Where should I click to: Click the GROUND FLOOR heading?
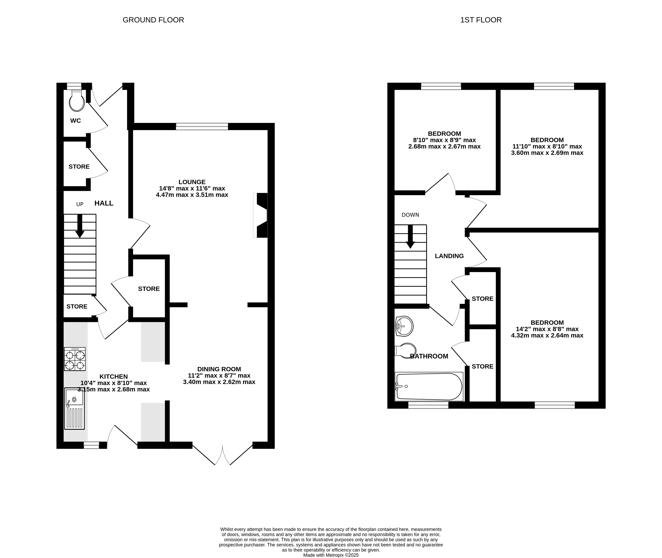[153, 20]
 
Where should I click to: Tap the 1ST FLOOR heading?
[481, 20]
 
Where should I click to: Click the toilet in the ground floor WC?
[77, 100]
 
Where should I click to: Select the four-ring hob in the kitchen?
[75, 359]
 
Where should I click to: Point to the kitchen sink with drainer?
[74, 408]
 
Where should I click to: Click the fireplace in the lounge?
[260, 215]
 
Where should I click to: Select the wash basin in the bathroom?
[404, 326]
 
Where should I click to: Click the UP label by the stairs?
[80, 204]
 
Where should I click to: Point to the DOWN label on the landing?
[410, 215]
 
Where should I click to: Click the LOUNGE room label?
[192, 182]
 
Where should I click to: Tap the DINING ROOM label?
[219, 369]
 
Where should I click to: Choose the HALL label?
[104, 203]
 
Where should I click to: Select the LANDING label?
[449, 256]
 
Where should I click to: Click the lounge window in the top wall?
[202, 127]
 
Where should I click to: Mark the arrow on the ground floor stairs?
[80, 226]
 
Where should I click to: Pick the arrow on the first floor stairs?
[410, 237]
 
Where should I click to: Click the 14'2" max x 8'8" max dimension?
[547, 329]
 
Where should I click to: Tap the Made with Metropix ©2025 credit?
[331, 555]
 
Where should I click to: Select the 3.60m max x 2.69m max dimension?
[547, 153]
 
